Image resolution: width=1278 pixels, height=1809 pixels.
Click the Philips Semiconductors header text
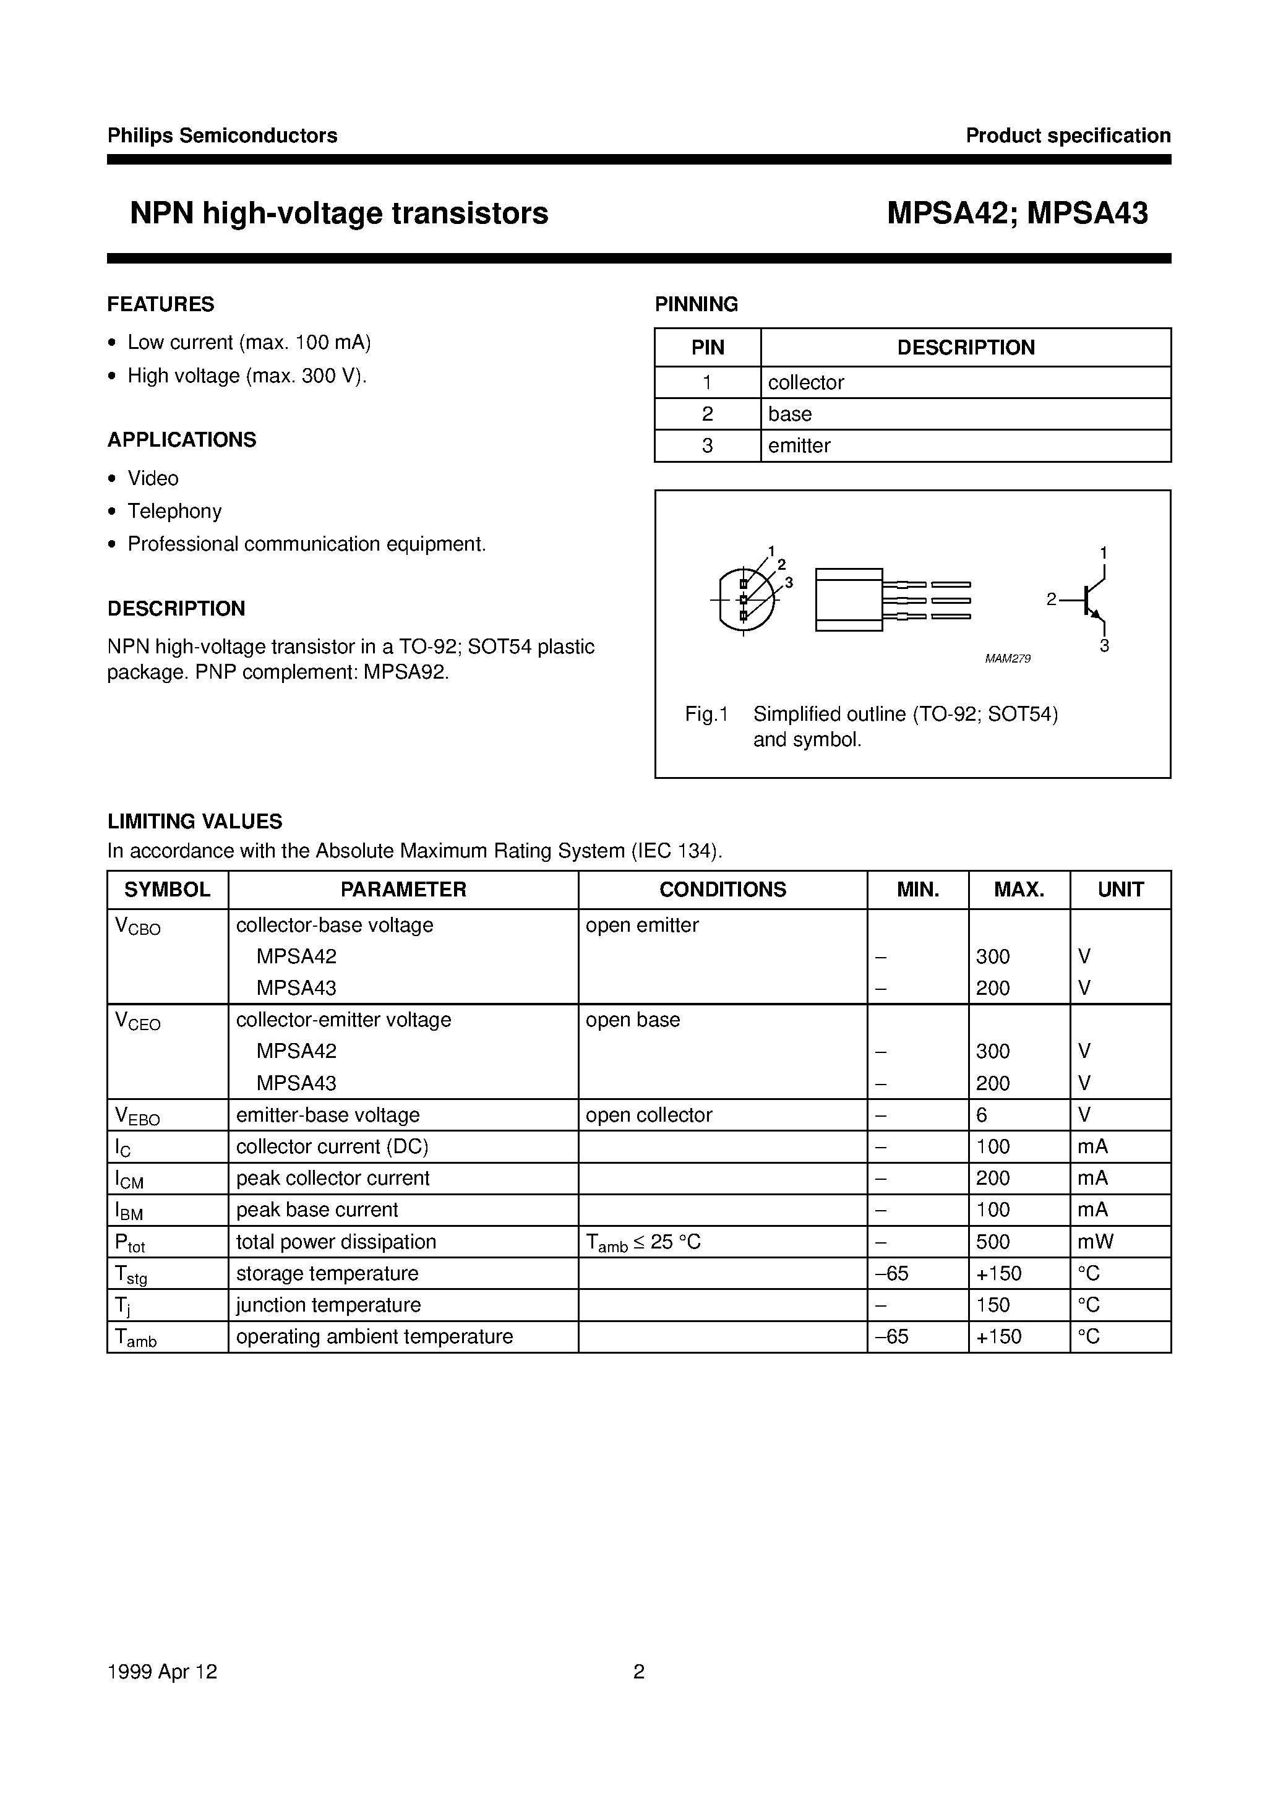pyautogui.click(x=222, y=135)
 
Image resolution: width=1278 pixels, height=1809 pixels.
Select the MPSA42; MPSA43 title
pyautogui.click(x=1017, y=213)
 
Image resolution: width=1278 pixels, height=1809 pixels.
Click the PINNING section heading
pyautogui.click(x=696, y=304)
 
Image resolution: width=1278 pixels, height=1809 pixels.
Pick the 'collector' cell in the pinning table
pyautogui.click(x=805, y=382)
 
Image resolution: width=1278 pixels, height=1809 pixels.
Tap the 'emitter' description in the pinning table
pyautogui.click(x=799, y=445)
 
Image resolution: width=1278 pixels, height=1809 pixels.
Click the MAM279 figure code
pyautogui.click(x=1007, y=659)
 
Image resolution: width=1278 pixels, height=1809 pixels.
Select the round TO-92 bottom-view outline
pyautogui.click(x=745, y=599)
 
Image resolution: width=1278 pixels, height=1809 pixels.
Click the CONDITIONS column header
pyautogui.click(x=723, y=890)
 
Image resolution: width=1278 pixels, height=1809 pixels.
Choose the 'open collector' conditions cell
pyautogui.click(x=648, y=1115)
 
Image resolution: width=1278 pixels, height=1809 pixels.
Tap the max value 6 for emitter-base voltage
pyautogui.click(x=982, y=1115)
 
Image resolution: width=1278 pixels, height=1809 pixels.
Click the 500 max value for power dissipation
pyautogui.click(x=993, y=1242)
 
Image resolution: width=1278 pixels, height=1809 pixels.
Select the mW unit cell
pyautogui.click(x=1095, y=1242)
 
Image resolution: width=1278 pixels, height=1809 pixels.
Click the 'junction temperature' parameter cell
pyautogui.click(x=328, y=1305)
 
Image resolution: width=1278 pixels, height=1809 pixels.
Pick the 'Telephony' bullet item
pyautogui.click(x=174, y=512)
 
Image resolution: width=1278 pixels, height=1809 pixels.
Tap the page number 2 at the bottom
pyautogui.click(x=639, y=1671)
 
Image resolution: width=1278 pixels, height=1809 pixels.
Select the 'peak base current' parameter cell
pyautogui.click(x=317, y=1210)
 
